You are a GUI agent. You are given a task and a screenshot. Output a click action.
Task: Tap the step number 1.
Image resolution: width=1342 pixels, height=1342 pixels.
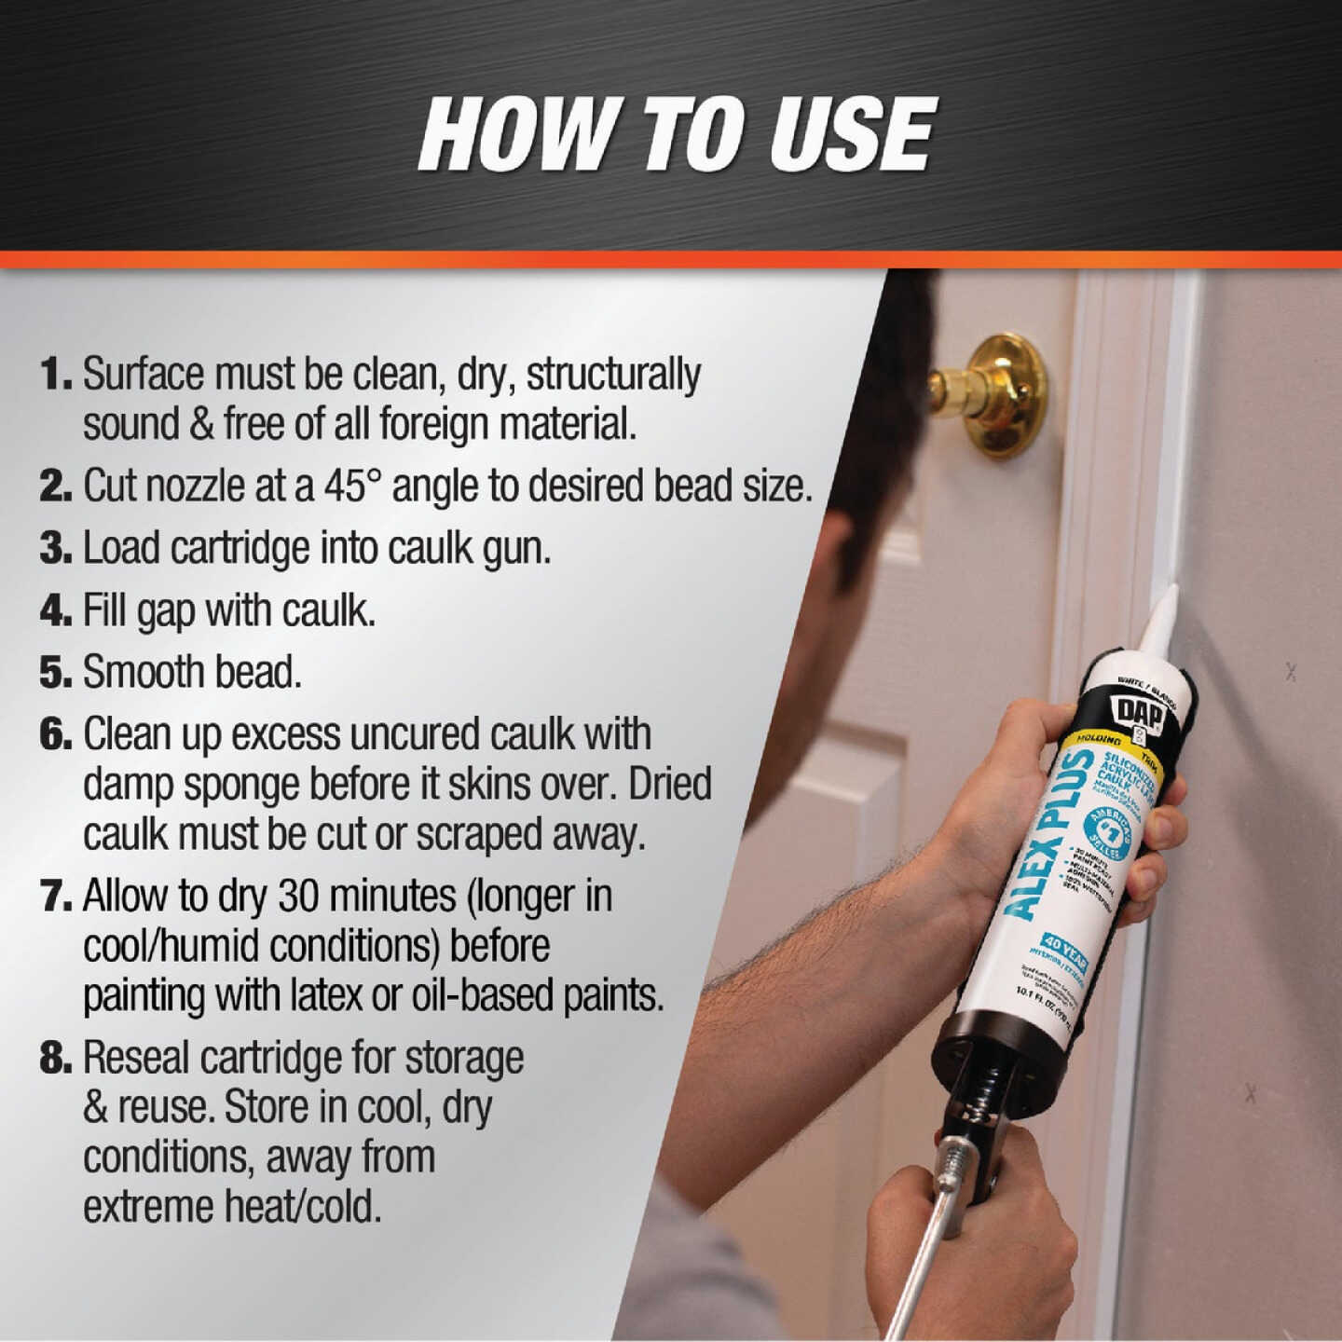pos(56,375)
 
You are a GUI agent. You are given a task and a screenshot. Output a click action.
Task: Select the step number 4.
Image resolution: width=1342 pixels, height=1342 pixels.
pos(56,611)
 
